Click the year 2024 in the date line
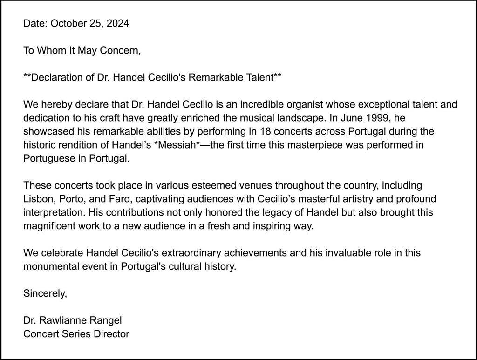coord(118,23)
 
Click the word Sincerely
coord(45,293)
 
